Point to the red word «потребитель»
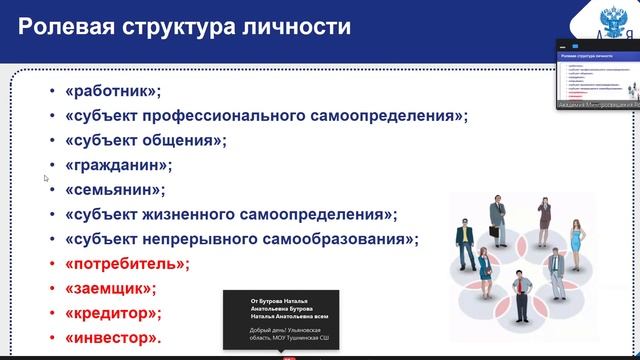[x=126, y=264]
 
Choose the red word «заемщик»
[x=110, y=289]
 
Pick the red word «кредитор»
[x=113, y=313]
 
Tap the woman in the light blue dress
[x=575, y=235]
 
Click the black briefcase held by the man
[x=494, y=232]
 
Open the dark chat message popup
[x=280, y=320]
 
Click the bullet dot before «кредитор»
[x=52, y=314]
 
